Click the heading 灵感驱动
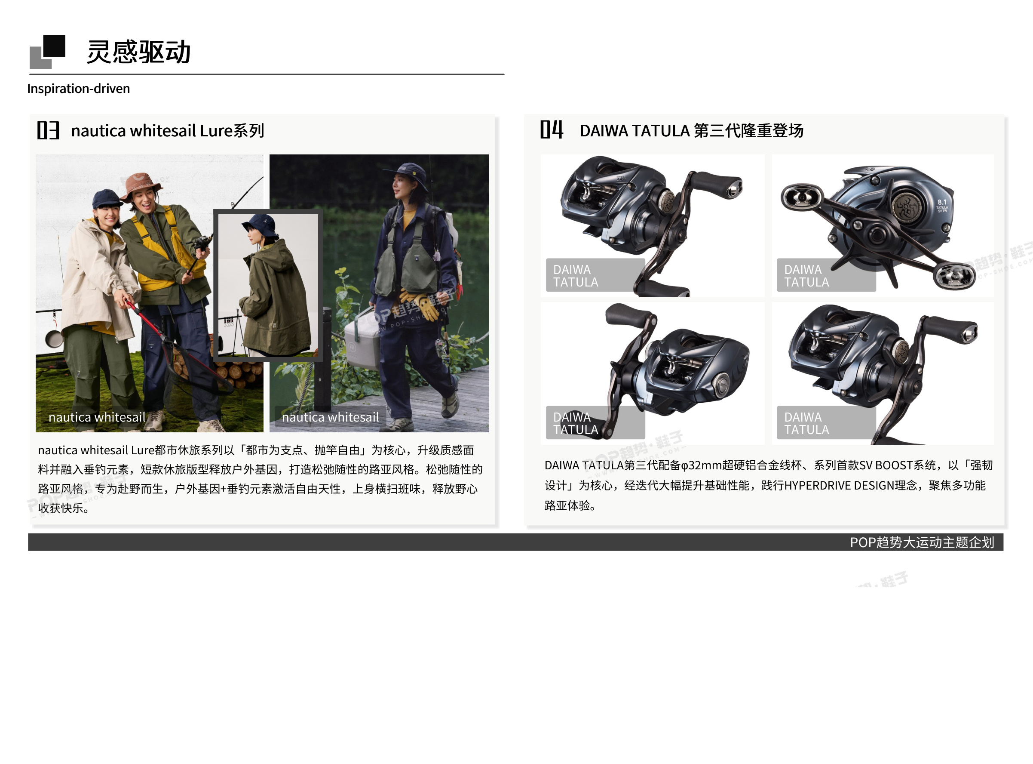(x=139, y=52)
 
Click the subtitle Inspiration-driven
(x=79, y=88)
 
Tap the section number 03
(x=48, y=130)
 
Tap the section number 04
(x=552, y=129)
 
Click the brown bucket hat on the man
(x=141, y=185)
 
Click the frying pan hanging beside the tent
(x=54, y=338)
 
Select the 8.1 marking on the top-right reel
(x=942, y=202)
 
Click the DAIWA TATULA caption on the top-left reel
(x=576, y=276)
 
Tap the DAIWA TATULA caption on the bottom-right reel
(x=806, y=423)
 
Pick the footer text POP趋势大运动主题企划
(x=922, y=542)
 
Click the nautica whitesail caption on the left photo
(x=97, y=417)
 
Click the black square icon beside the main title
(x=55, y=46)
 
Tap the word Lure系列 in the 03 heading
(x=232, y=130)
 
